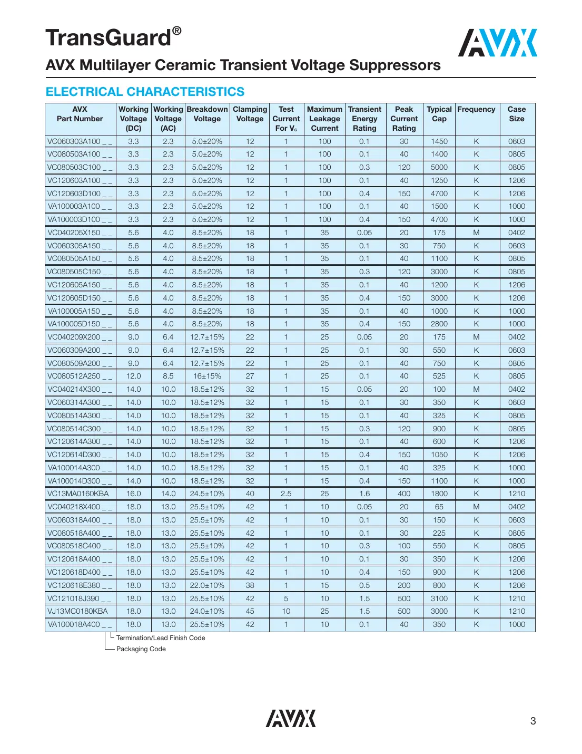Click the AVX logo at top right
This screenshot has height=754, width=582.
point(497,43)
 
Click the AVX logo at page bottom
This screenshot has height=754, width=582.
point(291,718)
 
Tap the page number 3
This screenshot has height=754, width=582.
point(533,721)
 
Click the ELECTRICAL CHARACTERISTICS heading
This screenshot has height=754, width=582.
point(145,92)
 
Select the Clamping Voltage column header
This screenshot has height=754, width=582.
point(250,114)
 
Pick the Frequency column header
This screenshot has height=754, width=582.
point(476,110)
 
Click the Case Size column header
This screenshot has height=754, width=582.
point(516,114)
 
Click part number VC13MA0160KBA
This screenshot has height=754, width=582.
point(78,494)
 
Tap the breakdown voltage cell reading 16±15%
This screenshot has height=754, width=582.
point(207,376)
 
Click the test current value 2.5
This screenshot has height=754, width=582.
point(286,494)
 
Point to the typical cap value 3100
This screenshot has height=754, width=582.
point(439,598)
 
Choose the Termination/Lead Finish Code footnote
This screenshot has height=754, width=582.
point(161,637)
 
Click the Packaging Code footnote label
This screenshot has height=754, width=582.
point(141,649)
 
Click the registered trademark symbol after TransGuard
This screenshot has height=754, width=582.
point(177,31)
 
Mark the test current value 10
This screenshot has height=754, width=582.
point(286,611)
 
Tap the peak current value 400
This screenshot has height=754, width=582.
point(404,494)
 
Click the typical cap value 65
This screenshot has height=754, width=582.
point(439,507)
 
